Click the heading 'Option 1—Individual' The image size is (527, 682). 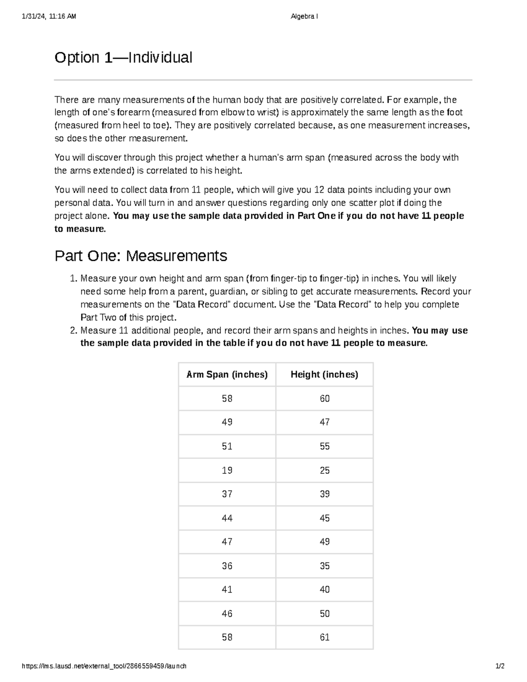pos(123,58)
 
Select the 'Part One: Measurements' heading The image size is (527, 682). pos(141,256)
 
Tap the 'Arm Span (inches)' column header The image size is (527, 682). pos(227,375)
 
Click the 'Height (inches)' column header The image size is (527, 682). pos(325,375)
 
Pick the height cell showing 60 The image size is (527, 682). pos(325,399)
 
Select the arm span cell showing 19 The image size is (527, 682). pos(227,470)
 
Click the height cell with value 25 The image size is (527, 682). pos(325,470)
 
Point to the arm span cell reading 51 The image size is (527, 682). pos(227,446)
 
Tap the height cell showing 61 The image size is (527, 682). pos(325,637)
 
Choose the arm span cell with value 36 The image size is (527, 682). pos(227,566)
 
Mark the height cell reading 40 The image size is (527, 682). pos(325,589)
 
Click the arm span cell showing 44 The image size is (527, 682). pos(227,518)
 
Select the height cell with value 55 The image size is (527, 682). pos(325,446)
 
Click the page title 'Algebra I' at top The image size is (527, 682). pos(304,17)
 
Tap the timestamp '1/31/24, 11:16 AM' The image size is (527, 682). pos(48,17)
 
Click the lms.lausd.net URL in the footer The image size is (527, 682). pos(104,666)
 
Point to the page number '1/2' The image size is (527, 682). pos(500,666)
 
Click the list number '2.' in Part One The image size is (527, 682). pos(74,330)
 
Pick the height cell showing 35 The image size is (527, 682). pos(325,566)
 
